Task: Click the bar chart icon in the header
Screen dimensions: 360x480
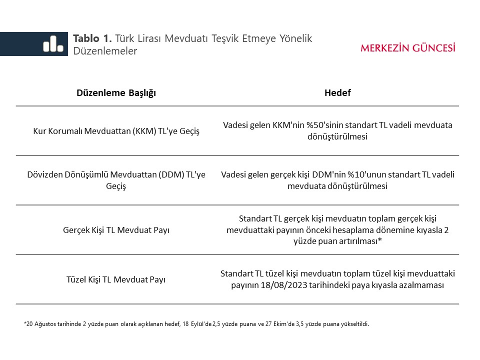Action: coord(53,44)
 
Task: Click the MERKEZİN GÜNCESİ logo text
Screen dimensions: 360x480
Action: coord(408,48)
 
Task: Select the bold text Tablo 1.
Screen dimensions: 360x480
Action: coord(93,38)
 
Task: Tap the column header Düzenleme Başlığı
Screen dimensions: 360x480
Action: coord(116,93)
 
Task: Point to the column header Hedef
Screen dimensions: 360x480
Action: coord(337,93)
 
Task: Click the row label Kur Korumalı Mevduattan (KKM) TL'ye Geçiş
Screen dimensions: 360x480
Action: coord(116,131)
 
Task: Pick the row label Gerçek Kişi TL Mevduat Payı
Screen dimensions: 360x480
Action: coord(116,230)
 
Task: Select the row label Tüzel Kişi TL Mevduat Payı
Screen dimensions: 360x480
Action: coord(116,279)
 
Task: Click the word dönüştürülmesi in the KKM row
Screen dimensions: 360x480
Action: coord(337,136)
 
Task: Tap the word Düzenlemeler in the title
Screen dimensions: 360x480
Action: coord(105,51)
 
